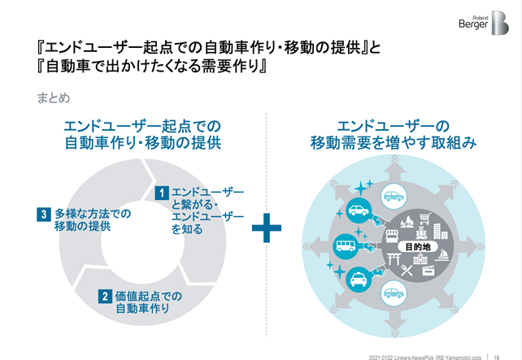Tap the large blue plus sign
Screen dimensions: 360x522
click(266, 228)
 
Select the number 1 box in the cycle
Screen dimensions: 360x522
click(163, 193)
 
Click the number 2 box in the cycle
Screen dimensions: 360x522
click(105, 296)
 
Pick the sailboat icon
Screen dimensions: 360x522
click(444, 254)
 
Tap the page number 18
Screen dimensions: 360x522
click(496, 355)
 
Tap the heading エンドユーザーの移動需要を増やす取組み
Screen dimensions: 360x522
click(393, 135)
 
